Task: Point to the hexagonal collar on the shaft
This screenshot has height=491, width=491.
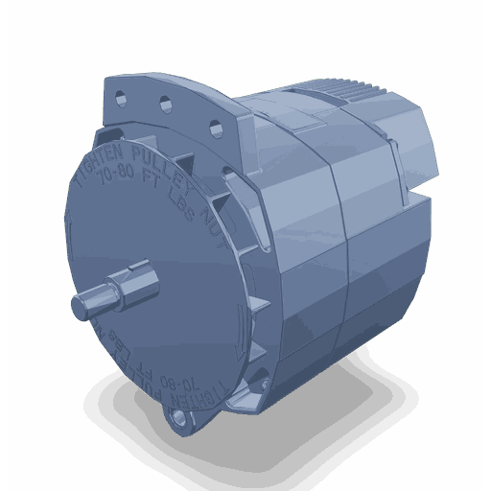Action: (125, 289)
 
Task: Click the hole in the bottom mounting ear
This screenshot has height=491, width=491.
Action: (177, 419)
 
